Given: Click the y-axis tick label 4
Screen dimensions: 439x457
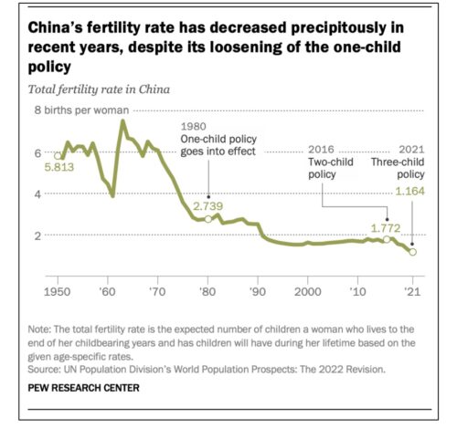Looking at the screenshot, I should click(38, 193).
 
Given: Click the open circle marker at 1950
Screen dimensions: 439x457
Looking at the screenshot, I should click(58, 156).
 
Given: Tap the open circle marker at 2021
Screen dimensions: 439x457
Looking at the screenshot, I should click(412, 252).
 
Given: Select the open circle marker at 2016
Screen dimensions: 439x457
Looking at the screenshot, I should click(387, 239).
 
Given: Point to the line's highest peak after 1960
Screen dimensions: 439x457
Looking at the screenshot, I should click(122, 121).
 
